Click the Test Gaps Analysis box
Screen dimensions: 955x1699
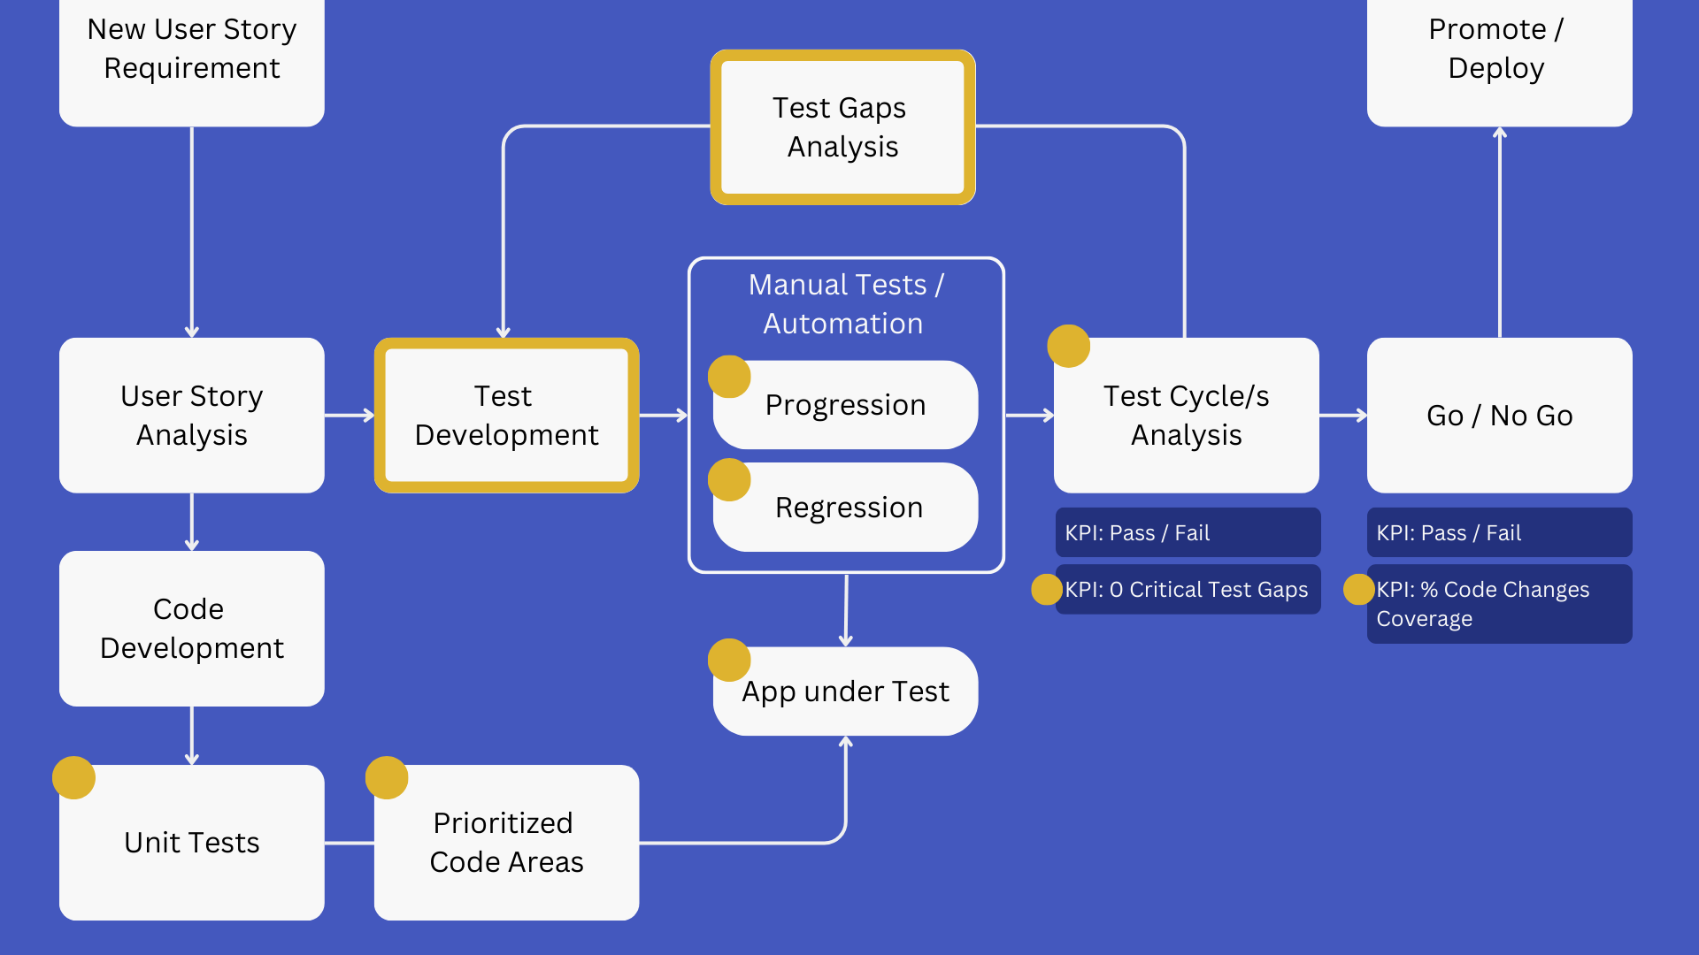point(842,127)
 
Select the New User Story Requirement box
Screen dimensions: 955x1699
point(191,53)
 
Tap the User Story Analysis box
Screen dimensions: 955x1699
point(191,415)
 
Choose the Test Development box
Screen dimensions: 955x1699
point(506,415)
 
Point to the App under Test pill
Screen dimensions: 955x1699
point(846,691)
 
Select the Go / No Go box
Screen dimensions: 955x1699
point(1499,415)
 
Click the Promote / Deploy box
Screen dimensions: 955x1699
point(1499,53)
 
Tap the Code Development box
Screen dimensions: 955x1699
point(191,628)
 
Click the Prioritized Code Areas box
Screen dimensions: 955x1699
point(506,842)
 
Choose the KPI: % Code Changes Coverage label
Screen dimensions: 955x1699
point(1499,604)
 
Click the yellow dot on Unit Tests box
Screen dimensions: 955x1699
point(73,777)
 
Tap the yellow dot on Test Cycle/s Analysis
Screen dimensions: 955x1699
point(1068,346)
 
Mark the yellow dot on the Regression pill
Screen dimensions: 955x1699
point(729,479)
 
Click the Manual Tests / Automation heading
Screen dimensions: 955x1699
point(845,304)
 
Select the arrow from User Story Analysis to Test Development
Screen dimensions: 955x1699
point(350,415)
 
